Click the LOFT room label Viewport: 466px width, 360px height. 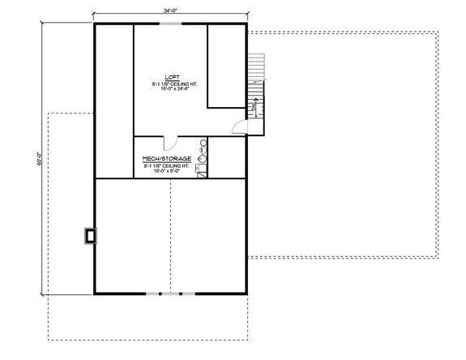point(170,75)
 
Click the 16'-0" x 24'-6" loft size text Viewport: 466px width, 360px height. point(170,89)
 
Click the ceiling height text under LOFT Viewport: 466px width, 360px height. point(170,83)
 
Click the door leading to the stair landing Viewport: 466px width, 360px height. point(237,126)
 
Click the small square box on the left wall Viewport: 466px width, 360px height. point(89,235)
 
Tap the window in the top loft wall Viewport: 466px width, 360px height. point(170,24)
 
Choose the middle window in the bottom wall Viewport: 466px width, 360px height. point(170,292)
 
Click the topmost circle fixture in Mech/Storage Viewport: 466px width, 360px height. point(203,142)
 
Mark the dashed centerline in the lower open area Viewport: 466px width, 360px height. point(170,235)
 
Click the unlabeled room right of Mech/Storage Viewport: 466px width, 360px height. point(226,158)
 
